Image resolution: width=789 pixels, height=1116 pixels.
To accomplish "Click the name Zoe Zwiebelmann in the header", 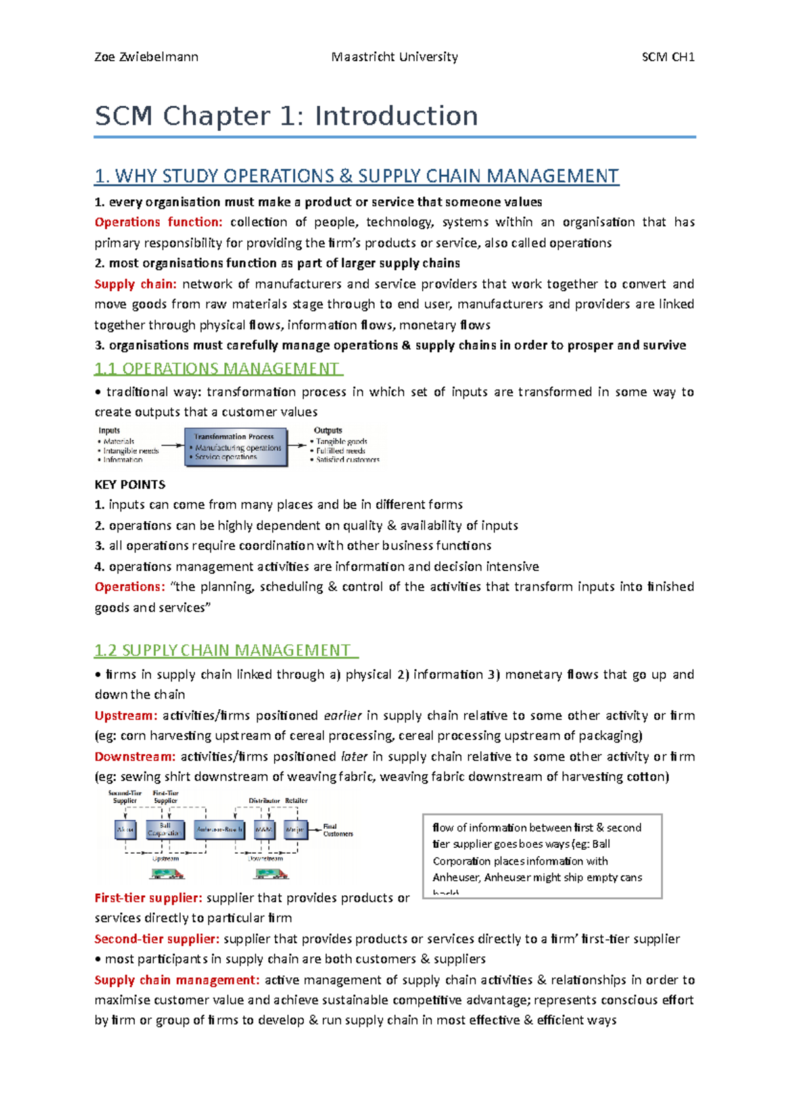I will click(146, 57).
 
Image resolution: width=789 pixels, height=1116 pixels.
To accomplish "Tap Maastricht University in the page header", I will click(394, 57).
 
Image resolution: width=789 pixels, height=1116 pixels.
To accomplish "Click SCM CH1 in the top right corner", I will click(668, 57).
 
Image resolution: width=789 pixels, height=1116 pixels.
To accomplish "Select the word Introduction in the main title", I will click(396, 116).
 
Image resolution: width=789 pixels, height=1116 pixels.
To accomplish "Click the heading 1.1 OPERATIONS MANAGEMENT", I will click(218, 369).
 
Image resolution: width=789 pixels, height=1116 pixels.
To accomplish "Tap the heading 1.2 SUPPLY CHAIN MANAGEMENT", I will click(224, 651).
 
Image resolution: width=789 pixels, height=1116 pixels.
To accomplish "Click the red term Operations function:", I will click(158, 222).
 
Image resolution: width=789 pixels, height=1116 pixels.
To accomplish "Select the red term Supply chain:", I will click(135, 284).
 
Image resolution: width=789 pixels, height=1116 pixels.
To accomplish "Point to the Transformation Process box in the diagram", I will click(236, 448).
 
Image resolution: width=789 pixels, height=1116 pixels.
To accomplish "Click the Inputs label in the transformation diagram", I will click(109, 431).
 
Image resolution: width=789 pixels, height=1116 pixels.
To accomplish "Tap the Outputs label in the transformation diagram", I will click(327, 430).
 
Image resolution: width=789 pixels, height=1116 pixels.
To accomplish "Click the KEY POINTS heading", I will click(130, 485).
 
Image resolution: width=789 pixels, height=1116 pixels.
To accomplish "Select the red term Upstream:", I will click(126, 716).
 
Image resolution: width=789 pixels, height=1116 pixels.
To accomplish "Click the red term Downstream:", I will click(135, 756).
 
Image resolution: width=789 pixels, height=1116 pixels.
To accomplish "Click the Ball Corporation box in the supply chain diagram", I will click(164, 829).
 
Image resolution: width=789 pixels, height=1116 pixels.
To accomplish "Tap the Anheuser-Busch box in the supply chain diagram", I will click(220, 829).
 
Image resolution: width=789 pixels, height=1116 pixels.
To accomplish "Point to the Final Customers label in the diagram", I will click(337, 830).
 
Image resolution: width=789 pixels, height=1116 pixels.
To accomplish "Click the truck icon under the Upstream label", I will click(167, 873).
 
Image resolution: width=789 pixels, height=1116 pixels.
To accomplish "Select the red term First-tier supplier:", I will click(148, 898).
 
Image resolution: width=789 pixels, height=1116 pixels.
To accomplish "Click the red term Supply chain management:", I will click(177, 980).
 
